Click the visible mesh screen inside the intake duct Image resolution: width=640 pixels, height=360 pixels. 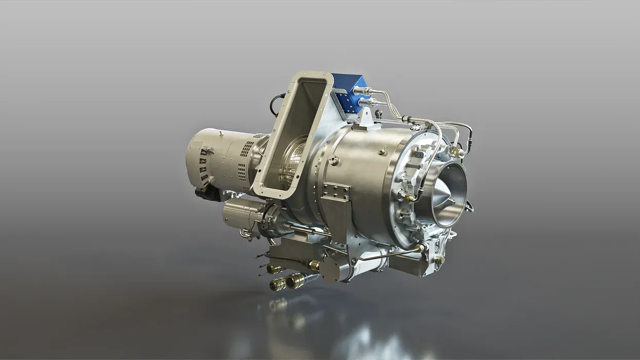pos(297,162)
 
